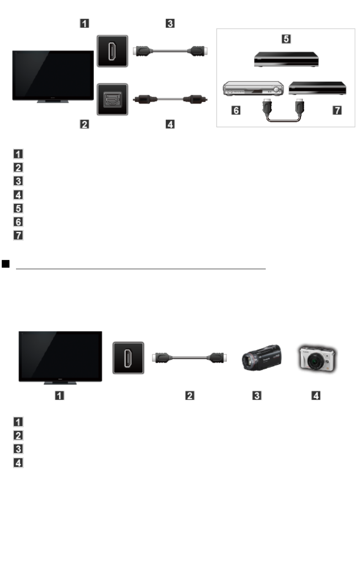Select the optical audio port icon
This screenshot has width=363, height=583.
(x=112, y=99)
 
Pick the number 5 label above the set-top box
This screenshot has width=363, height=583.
(x=286, y=39)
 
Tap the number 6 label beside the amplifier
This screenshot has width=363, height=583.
(x=236, y=112)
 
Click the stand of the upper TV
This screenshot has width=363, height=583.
(x=53, y=102)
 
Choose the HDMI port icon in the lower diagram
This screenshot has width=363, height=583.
(x=128, y=358)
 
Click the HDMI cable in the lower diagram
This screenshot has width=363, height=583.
(x=190, y=358)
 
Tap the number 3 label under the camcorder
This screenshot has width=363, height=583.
(x=257, y=396)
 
